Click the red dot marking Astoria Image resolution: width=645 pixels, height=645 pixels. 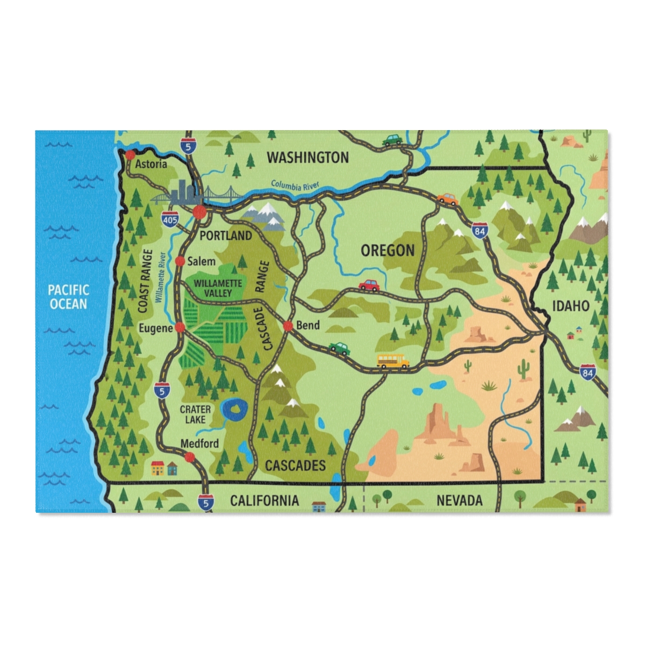(x=130, y=155)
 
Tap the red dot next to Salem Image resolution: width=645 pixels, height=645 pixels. (x=180, y=261)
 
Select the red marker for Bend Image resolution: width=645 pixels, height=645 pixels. (x=288, y=326)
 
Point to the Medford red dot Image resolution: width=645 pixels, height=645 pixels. (x=189, y=457)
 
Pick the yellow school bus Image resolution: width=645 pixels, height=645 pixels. (x=393, y=361)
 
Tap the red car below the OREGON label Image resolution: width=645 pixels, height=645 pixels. (x=369, y=284)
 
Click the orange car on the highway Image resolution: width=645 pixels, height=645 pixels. (x=447, y=199)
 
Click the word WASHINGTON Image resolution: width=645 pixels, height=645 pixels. (x=308, y=157)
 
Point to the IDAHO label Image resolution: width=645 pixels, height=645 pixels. (x=571, y=306)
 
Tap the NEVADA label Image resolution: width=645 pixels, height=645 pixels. (x=459, y=501)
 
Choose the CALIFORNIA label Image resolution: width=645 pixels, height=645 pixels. (x=264, y=501)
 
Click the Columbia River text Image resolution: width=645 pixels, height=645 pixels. (x=295, y=185)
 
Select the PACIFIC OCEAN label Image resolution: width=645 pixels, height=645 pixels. (x=68, y=297)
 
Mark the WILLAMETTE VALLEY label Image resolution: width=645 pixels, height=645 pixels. (x=218, y=288)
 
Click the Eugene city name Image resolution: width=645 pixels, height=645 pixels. (x=155, y=328)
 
